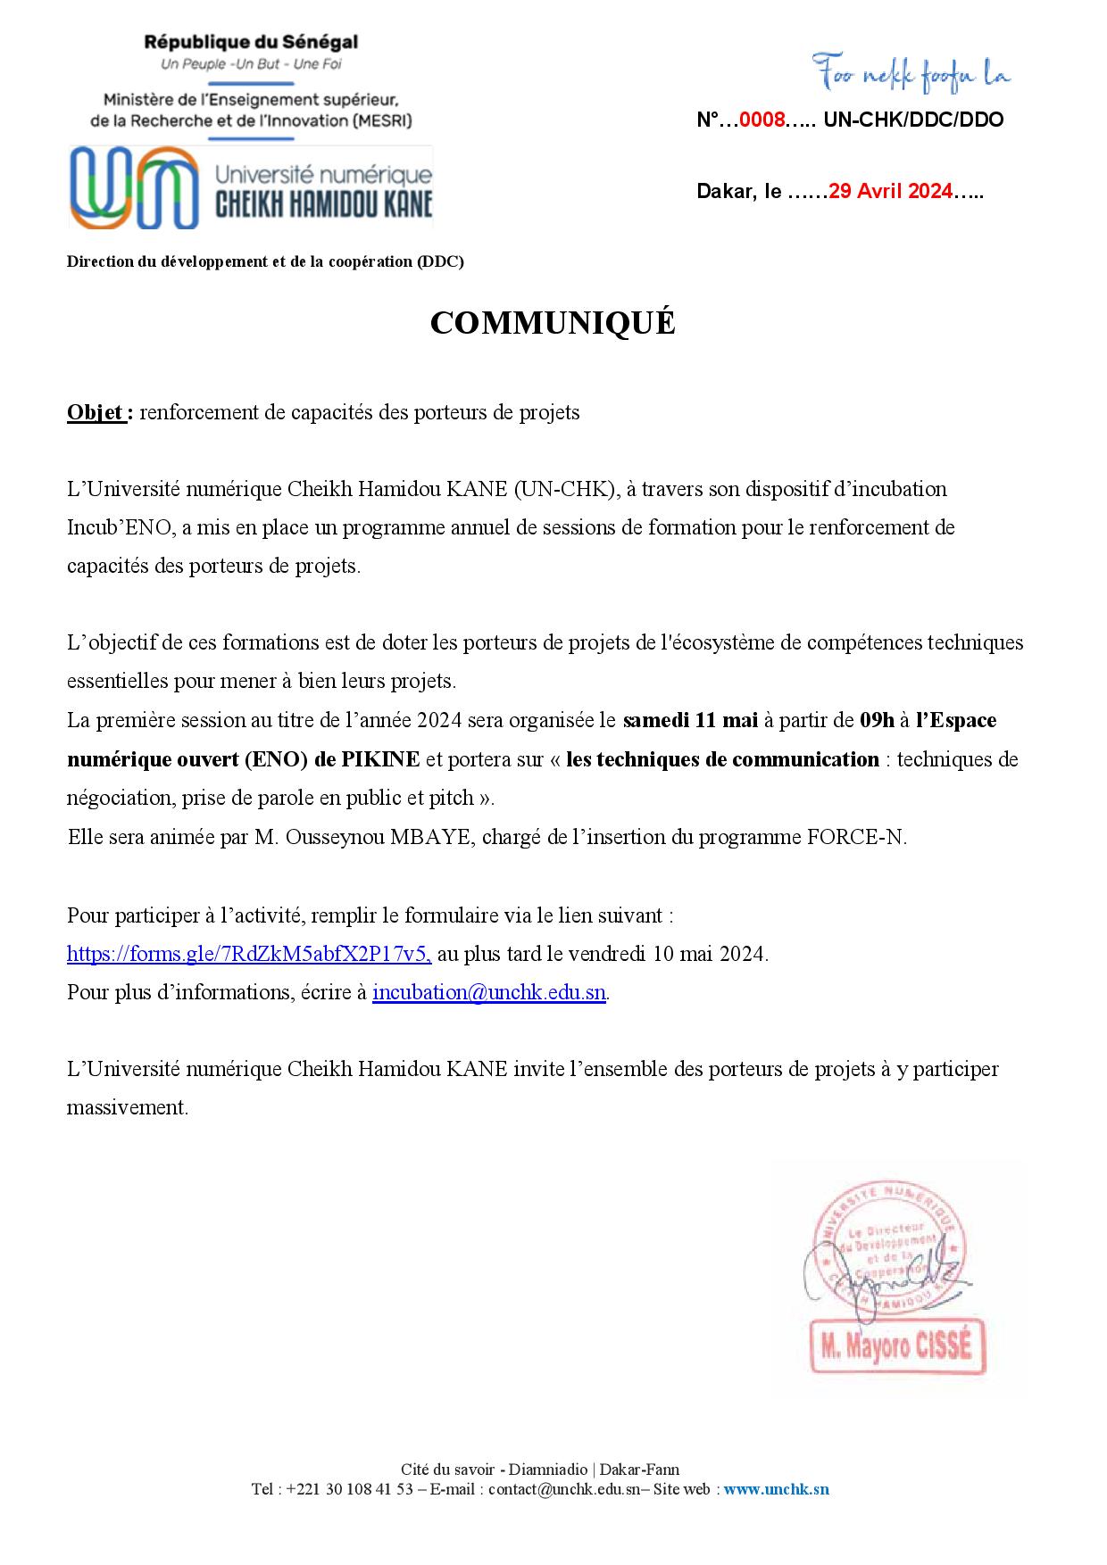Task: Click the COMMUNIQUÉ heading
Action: point(553,324)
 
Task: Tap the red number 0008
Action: point(762,120)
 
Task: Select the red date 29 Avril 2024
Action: point(890,191)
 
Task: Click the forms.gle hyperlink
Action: point(249,953)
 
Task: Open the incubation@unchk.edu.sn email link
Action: point(488,991)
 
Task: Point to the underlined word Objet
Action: point(96,412)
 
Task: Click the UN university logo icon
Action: point(135,186)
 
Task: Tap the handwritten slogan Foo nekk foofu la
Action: point(911,75)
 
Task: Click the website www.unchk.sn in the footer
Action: point(776,1488)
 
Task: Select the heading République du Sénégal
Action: point(251,41)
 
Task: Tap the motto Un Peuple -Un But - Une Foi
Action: point(251,64)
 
